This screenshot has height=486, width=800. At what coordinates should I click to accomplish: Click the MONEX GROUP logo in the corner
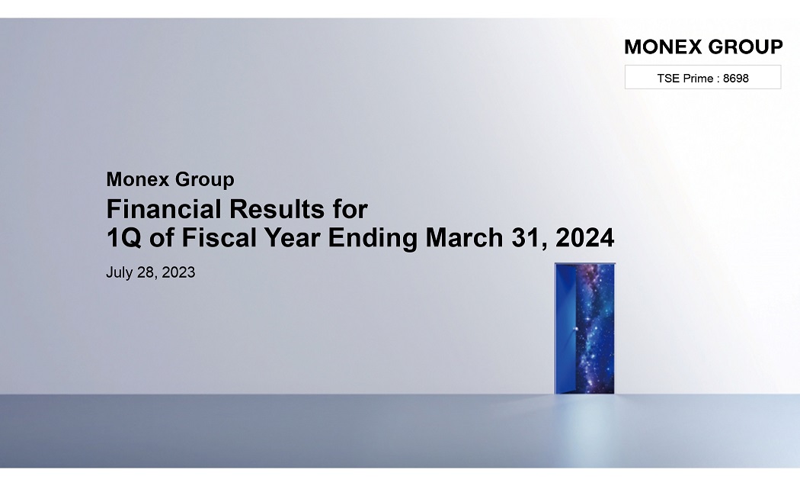pos(703,47)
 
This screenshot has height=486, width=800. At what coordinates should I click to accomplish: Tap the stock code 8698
pos(736,78)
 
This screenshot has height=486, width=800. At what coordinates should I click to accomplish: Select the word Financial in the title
pos(164,209)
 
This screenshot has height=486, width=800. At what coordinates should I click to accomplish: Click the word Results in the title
pos(277,209)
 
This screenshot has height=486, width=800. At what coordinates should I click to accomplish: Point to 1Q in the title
pos(123,238)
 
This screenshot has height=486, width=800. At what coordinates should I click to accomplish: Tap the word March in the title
pos(464,237)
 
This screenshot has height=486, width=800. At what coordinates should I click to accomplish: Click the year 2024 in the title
pos(584,237)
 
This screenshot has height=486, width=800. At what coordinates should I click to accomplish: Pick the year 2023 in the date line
pos(178,272)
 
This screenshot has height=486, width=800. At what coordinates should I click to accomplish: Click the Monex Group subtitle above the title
pos(171,179)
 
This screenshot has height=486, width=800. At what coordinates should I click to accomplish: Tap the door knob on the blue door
pos(576,329)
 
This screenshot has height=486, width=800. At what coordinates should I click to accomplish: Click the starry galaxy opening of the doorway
pos(595,329)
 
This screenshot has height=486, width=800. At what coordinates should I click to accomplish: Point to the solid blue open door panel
pos(566,329)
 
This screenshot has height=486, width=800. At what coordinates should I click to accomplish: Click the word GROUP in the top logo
pos(745,47)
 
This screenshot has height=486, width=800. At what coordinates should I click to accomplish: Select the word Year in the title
pos(292,237)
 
